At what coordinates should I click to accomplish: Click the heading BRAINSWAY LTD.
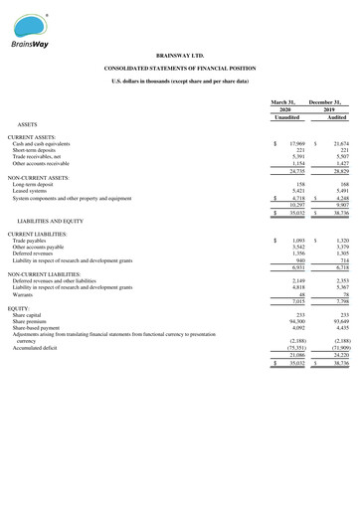click(x=179, y=56)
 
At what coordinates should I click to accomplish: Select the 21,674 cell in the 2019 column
click(x=339, y=143)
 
